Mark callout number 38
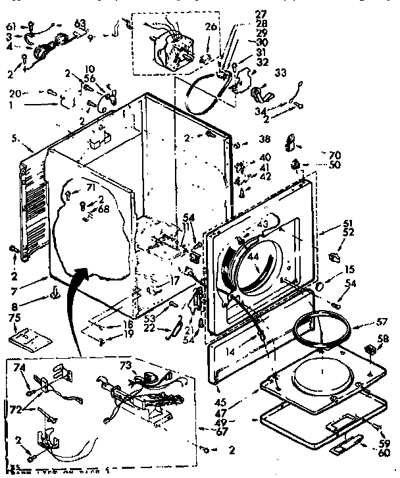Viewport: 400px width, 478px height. pyautogui.click(x=264, y=140)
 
